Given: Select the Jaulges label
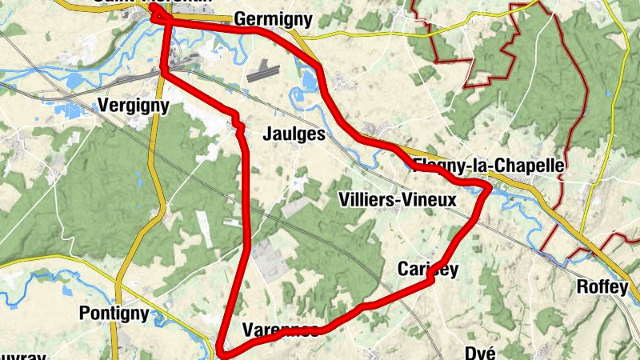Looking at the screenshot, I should pos(294,135).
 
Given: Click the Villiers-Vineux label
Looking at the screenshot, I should pos(397,199).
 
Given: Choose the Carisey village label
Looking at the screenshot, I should pos(428,270).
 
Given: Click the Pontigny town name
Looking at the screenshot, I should pos(114,313).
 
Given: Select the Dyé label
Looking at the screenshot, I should pos(482,353).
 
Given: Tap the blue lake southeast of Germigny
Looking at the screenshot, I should pos(308,78).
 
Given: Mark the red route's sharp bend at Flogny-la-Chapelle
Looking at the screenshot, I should pos(486,187).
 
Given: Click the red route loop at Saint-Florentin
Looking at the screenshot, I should pos(156,11).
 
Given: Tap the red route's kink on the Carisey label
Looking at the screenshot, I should pos(432,278).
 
